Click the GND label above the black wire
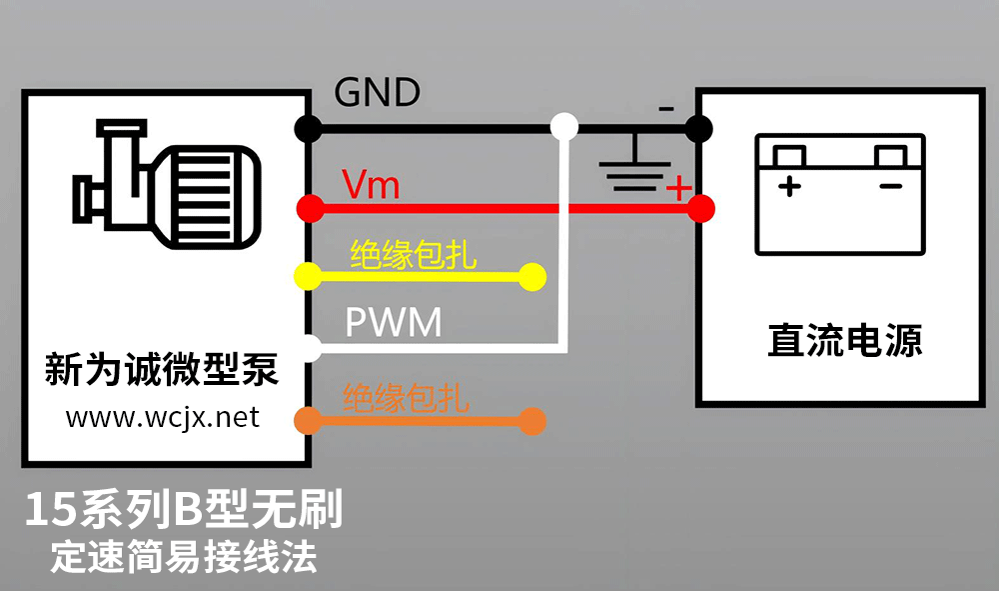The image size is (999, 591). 377,93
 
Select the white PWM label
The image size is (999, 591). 393,323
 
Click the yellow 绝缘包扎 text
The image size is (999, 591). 414,256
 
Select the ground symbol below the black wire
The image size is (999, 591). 632,172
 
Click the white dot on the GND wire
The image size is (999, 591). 564,127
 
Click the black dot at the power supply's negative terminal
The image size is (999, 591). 699,128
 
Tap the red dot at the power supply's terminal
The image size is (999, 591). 701,208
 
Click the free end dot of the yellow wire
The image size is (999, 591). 532,276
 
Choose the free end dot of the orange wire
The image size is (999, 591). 532,421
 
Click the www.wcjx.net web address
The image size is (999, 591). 163,416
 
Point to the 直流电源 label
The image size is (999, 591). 845,341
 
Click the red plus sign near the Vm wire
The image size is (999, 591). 678,188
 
